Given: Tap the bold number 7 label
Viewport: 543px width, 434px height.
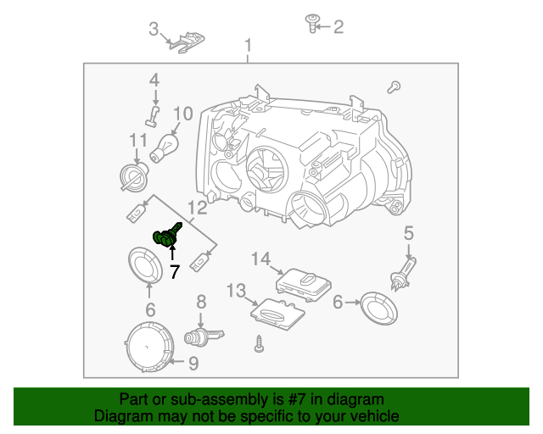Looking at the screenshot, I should [x=175, y=272].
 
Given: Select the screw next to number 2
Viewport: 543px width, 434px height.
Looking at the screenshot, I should [x=311, y=26].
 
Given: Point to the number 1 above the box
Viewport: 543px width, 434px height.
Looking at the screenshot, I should [x=249, y=45].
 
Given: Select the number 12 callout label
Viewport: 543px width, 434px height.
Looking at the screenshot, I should [x=196, y=208].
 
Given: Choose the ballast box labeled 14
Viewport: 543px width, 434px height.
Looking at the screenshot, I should [x=305, y=282].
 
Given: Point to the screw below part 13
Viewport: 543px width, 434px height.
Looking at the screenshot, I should [x=259, y=345].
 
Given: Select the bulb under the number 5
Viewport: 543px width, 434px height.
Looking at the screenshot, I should [x=400, y=277].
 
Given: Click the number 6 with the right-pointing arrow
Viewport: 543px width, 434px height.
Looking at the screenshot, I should [x=337, y=301].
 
